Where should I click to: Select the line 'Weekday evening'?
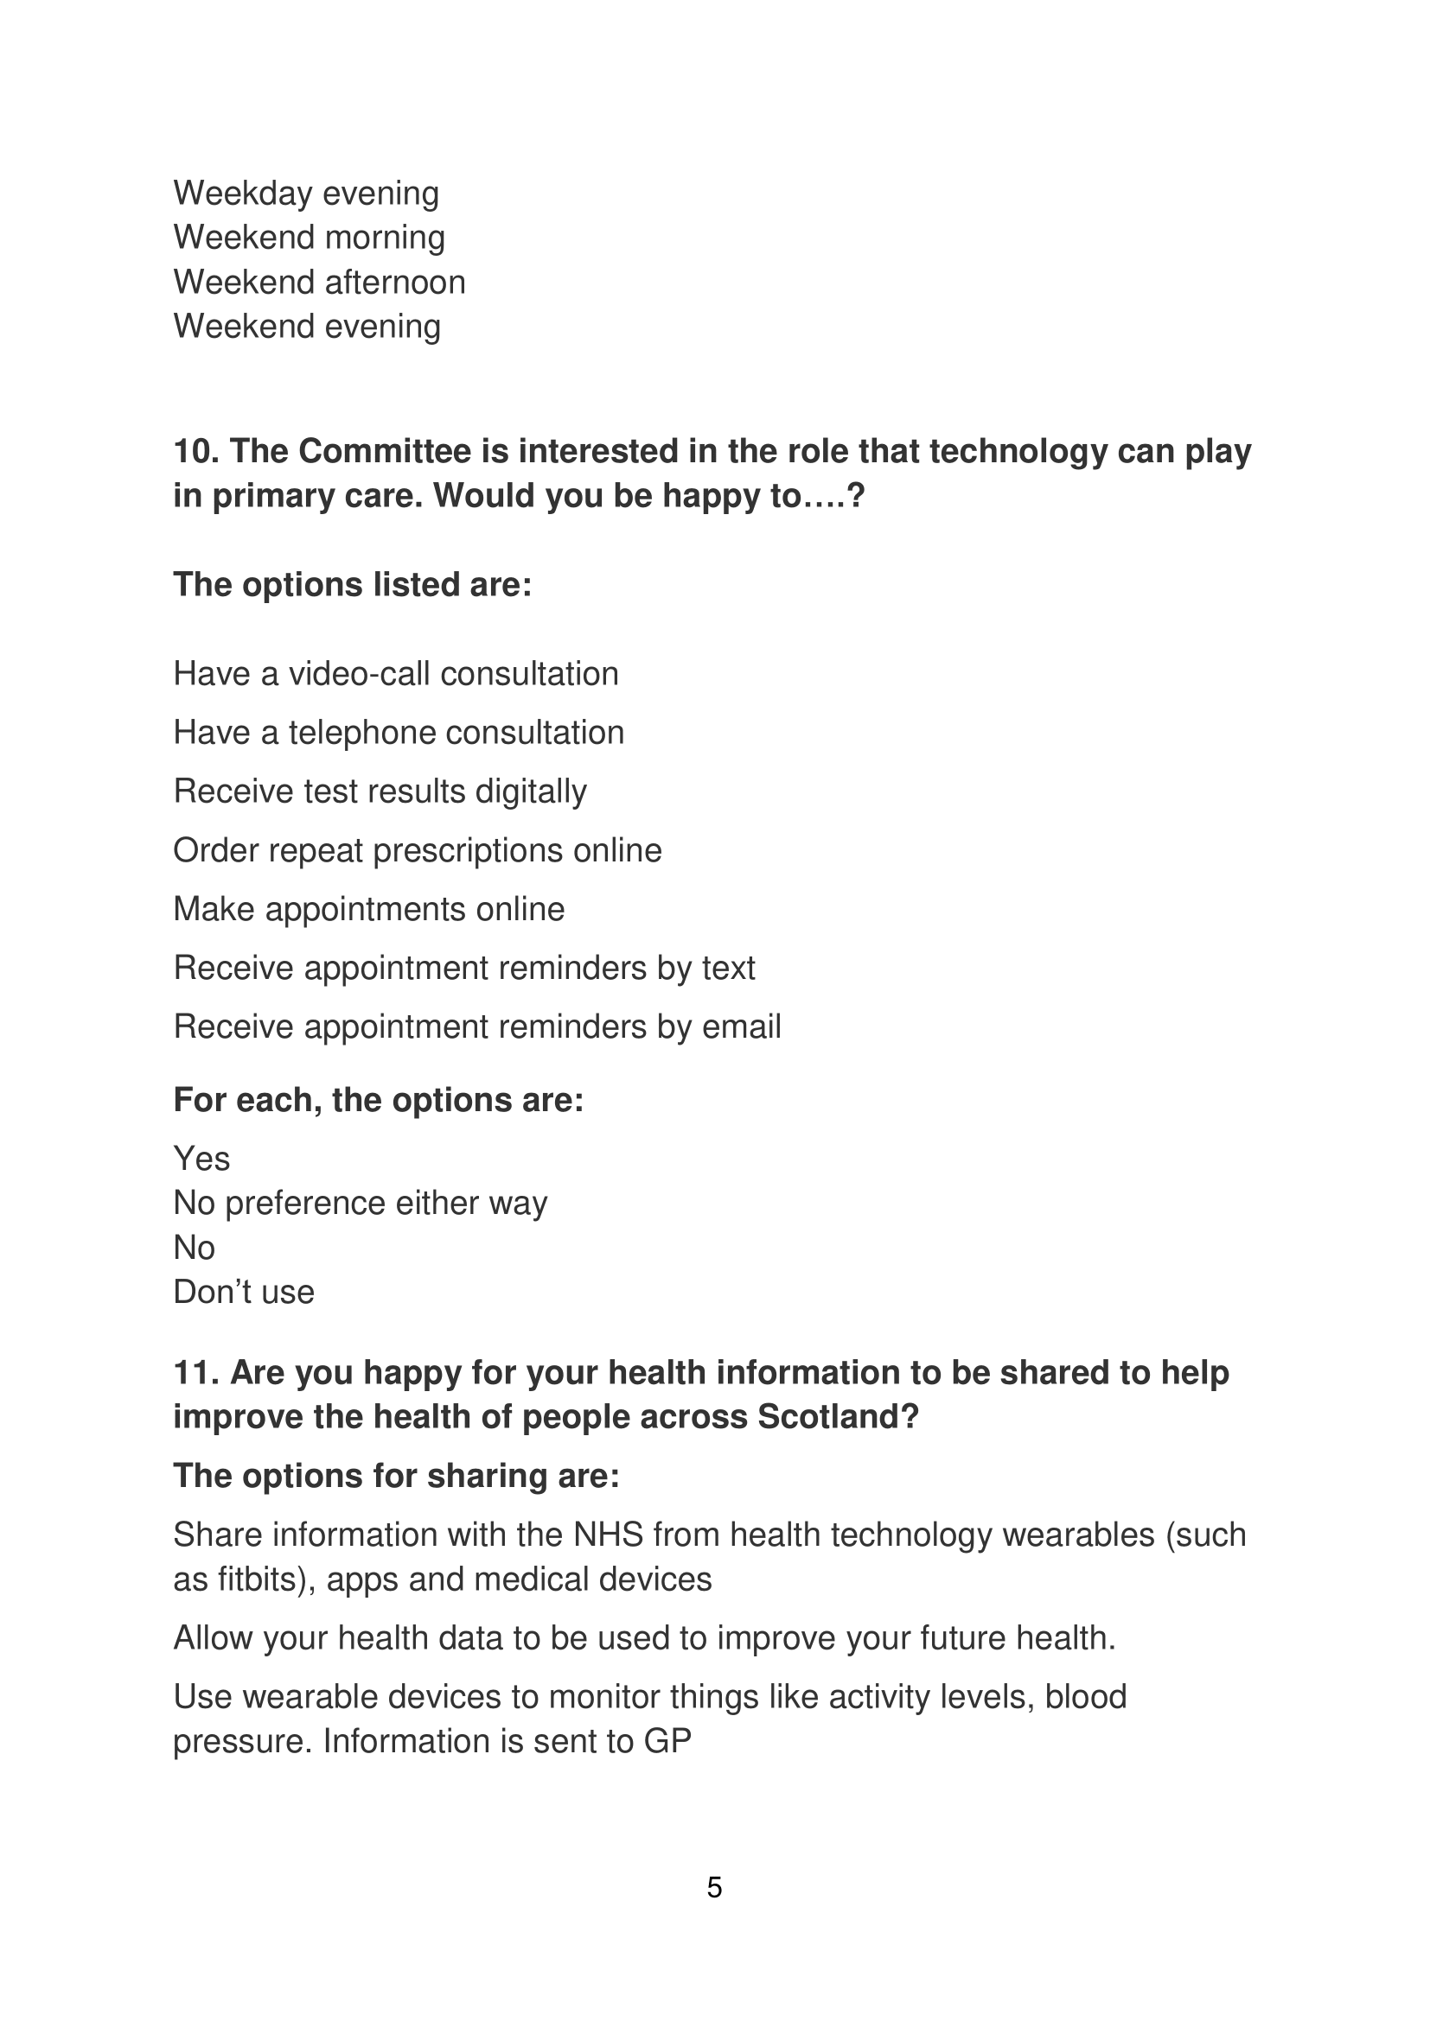click(x=305, y=194)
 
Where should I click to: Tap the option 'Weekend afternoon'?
click(x=319, y=283)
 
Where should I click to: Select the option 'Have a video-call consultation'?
click(x=395, y=674)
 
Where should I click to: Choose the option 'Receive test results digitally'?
click(x=380, y=791)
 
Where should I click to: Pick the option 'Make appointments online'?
click(x=368, y=909)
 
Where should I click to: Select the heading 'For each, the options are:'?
click(x=379, y=1100)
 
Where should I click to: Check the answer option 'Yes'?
click(x=201, y=1160)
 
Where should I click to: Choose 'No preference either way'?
click(x=361, y=1204)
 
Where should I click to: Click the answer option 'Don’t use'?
click(x=244, y=1292)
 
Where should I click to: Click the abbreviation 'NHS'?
click(x=608, y=1535)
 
